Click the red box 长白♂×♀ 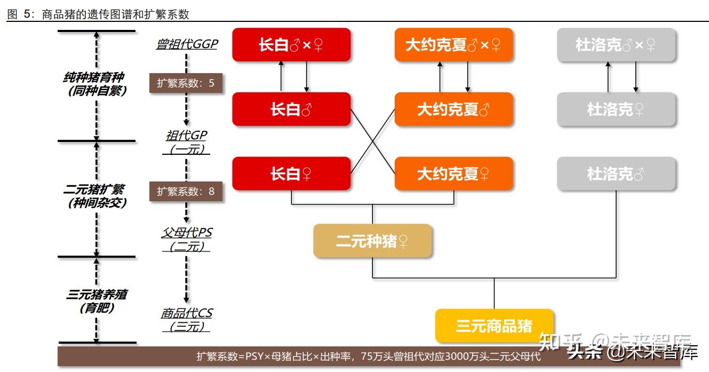coord(291,45)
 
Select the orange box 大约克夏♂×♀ coord(453,45)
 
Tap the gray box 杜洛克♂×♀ coord(616,45)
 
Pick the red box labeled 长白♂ coord(291,109)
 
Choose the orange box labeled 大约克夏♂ coord(453,109)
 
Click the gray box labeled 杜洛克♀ coord(616,109)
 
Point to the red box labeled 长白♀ coord(291,173)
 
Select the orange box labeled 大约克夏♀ coord(453,173)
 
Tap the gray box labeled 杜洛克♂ coord(616,173)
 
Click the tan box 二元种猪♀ coord(372,241)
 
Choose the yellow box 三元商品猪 coord(494,326)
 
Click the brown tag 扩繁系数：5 coord(186,83)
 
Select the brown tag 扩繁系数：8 coord(186,191)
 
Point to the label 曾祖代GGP coord(187,44)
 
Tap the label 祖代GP coord(186,136)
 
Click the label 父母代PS coord(186,233)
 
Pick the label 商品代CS coord(186,313)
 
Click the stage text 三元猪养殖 coord(96,295)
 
